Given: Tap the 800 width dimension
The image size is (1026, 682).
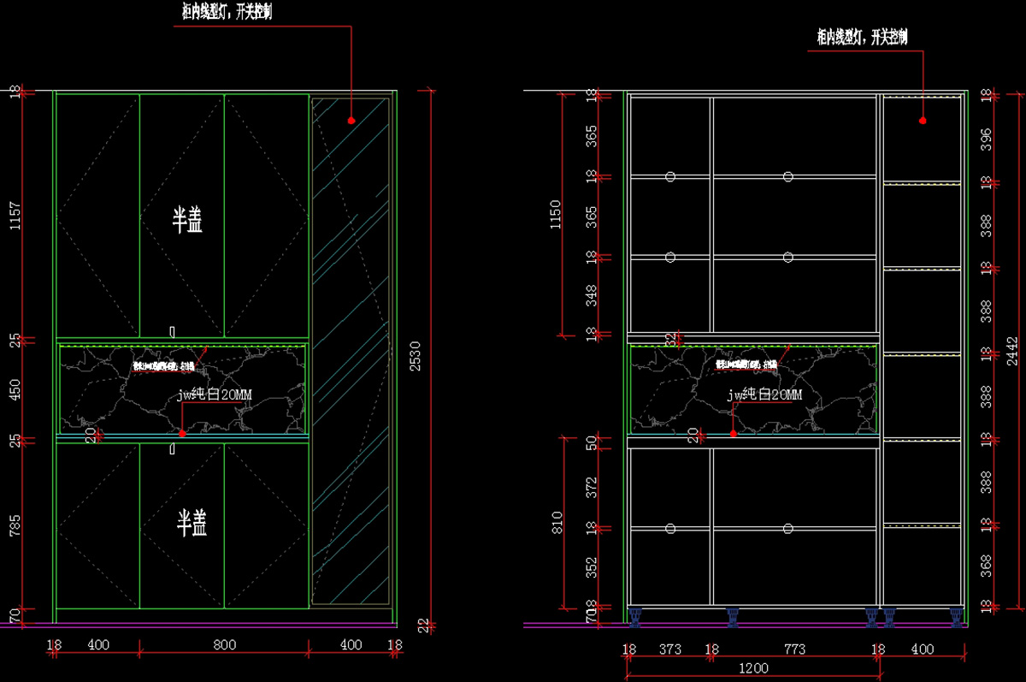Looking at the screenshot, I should (225, 645).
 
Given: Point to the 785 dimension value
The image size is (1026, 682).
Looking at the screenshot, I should (13, 525).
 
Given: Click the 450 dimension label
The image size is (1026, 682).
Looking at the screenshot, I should (13, 389).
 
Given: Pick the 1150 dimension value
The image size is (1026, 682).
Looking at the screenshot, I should (555, 213).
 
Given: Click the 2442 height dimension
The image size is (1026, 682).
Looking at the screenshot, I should (1011, 351).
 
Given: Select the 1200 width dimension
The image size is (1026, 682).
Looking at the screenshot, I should (753, 668).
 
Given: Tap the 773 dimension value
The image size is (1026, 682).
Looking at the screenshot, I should (794, 649).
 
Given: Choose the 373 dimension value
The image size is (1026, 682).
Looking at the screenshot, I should (670, 649).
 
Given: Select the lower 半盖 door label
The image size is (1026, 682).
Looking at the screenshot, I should (192, 523).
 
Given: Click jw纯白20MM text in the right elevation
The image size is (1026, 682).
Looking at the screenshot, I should (764, 394).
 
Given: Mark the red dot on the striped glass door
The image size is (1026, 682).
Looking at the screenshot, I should (351, 122).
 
